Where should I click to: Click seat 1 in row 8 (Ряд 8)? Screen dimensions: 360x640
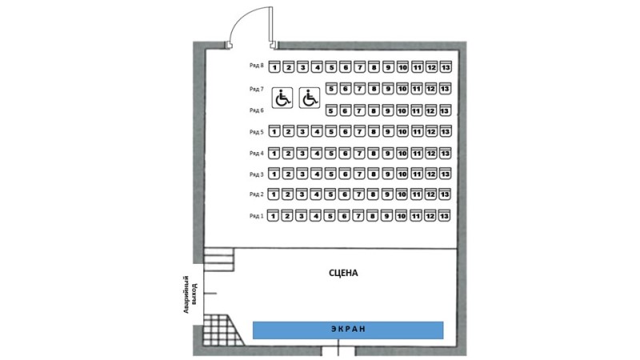coord(274,67)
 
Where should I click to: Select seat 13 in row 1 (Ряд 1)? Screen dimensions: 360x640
coord(445,216)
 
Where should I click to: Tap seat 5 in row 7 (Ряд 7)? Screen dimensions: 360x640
coord(331,89)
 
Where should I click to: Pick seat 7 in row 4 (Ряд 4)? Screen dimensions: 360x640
coord(359,153)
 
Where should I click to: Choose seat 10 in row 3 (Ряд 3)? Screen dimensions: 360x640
coord(402,174)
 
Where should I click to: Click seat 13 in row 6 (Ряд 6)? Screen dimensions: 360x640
coord(445,110)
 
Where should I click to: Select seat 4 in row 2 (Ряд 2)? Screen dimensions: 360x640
coord(317,194)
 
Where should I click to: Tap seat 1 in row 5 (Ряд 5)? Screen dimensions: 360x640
coord(274,132)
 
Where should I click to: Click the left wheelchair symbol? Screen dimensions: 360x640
coord(282,98)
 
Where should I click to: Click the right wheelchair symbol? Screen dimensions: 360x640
coord(310,98)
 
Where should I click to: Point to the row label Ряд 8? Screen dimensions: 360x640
coord(256,66)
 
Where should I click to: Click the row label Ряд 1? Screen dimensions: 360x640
coord(256,216)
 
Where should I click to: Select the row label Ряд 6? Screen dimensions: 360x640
coord(256,110)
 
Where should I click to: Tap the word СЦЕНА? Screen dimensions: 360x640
coord(343,273)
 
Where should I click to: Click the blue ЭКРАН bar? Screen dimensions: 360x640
coord(348,329)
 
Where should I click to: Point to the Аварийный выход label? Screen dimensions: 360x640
coord(189,294)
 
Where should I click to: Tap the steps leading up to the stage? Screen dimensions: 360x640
coord(218,259)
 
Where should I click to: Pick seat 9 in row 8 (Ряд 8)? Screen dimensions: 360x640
coord(388,67)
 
